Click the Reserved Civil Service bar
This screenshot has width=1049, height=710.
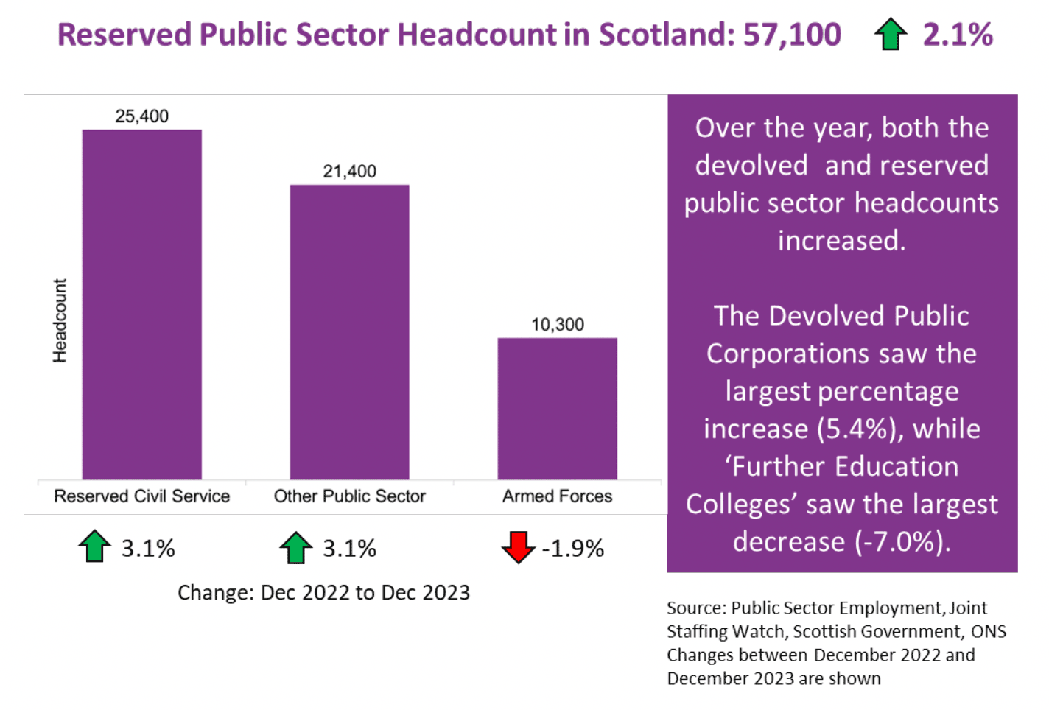coord(141,304)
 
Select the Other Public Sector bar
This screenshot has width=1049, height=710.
coord(349,331)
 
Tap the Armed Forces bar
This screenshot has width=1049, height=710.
coord(557,408)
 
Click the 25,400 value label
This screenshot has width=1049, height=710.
coord(141,116)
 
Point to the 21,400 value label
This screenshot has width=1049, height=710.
coord(349,172)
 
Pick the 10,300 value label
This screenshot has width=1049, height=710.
coord(558,325)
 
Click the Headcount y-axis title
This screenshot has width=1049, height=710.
coord(60,320)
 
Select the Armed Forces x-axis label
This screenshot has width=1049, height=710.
coord(557,496)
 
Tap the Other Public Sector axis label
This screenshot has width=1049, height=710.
coord(349,496)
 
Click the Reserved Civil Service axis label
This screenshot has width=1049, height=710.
coord(141,496)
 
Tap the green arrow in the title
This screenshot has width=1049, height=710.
coord(890,35)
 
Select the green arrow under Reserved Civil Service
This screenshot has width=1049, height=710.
coord(94,546)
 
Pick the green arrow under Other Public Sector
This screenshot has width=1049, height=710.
coord(295,547)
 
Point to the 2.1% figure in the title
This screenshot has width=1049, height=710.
coord(958,35)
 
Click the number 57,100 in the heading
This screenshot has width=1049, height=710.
coord(792,35)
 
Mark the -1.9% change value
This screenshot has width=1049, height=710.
coord(573,549)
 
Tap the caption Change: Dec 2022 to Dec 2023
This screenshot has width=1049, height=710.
coord(323,593)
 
